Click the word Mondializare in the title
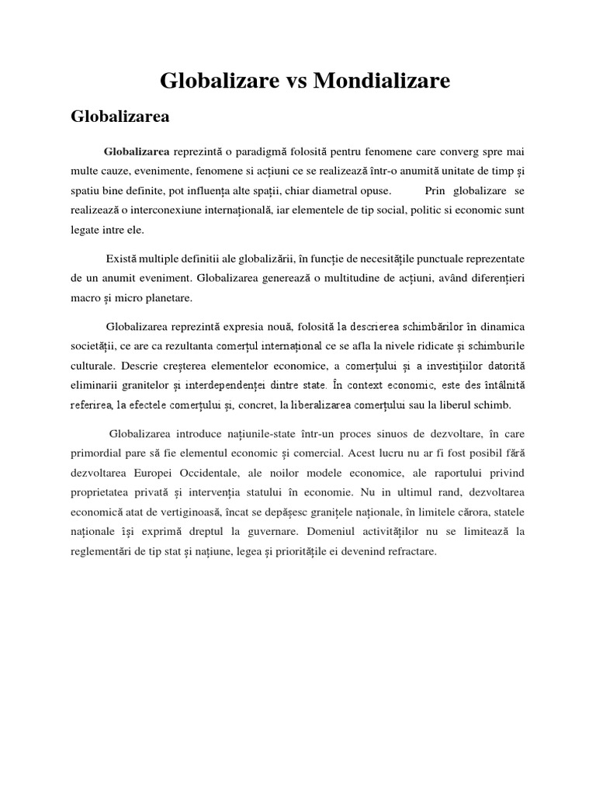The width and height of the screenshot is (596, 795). click(x=381, y=81)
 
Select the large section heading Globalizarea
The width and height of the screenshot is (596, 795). click(x=120, y=117)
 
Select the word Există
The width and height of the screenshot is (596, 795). click(x=122, y=257)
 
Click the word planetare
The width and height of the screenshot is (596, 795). click(x=167, y=297)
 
